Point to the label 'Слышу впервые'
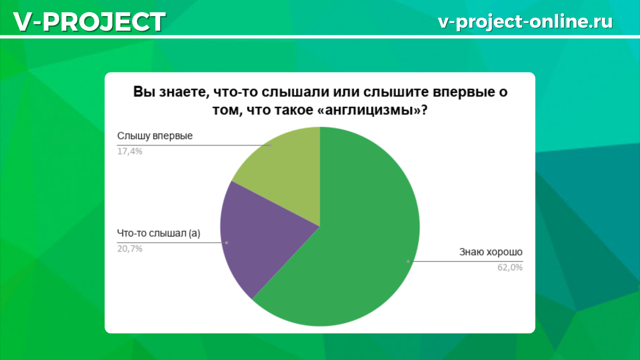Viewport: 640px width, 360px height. pos(155,135)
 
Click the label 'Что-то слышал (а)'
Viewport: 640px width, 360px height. pos(158,233)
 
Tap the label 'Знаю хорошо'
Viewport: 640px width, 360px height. pos(491,252)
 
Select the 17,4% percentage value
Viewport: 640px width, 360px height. pos(130,151)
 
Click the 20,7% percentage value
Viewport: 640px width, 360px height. pos(130,249)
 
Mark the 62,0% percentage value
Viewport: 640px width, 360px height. pos(510,268)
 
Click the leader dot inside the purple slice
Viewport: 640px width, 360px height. pos(227,243)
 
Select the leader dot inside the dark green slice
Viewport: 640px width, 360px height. pos(408,261)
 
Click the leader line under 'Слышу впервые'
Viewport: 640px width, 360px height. pos(192,145)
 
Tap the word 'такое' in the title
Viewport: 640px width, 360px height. pos(305,111)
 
